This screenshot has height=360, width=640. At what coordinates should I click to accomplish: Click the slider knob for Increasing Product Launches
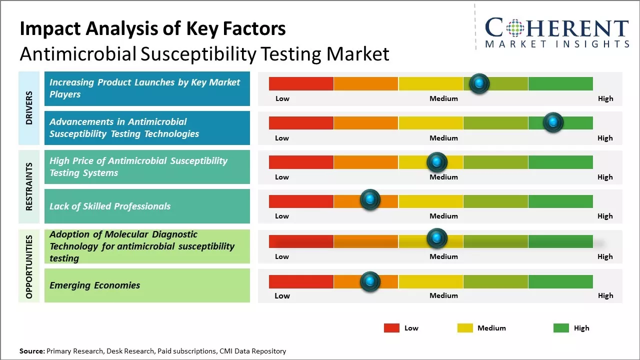pyautogui.click(x=479, y=83)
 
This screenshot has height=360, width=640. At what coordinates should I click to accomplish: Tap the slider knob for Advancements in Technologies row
pyautogui.click(x=553, y=122)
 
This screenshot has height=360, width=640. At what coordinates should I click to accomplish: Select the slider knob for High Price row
pyautogui.click(x=437, y=162)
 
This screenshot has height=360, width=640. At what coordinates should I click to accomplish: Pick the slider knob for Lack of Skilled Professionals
pyautogui.click(x=370, y=200)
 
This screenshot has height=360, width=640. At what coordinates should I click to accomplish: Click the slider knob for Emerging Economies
pyautogui.click(x=370, y=281)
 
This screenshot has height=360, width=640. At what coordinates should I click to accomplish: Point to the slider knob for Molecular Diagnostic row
pyautogui.click(x=437, y=238)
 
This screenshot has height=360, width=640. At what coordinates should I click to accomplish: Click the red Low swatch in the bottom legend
pyautogui.click(x=391, y=328)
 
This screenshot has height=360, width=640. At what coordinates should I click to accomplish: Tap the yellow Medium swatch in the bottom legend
pyautogui.click(x=465, y=328)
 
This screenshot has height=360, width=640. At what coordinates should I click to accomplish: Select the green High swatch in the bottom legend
pyautogui.click(x=561, y=328)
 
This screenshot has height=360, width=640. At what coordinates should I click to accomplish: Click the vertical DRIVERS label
pyautogui.click(x=29, y=108)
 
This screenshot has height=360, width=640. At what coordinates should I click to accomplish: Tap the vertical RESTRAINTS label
pyautogui.click(x=29, y=186)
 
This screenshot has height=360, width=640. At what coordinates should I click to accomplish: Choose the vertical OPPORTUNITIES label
pyautogui.click(x=29, y=266)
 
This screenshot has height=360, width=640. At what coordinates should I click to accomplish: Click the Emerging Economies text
pyautogui.click(x=95, y=285)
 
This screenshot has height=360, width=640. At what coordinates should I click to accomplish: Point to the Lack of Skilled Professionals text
pyautogui.click(x=110, y=206)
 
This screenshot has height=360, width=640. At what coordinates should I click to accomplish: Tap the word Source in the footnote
pyautogui.click(x=31, y=351)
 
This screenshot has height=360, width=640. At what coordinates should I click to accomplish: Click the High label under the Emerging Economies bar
pyautogui.click(x=605, y=295)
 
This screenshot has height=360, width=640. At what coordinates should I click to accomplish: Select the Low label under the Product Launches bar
pyautogui.click(x=282, y=98)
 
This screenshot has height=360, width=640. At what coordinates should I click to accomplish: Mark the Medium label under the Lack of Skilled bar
pyautogui.click(x=443, y=216)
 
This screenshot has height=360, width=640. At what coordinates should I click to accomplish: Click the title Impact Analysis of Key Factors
pyautogui.click(x=152, y=29)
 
